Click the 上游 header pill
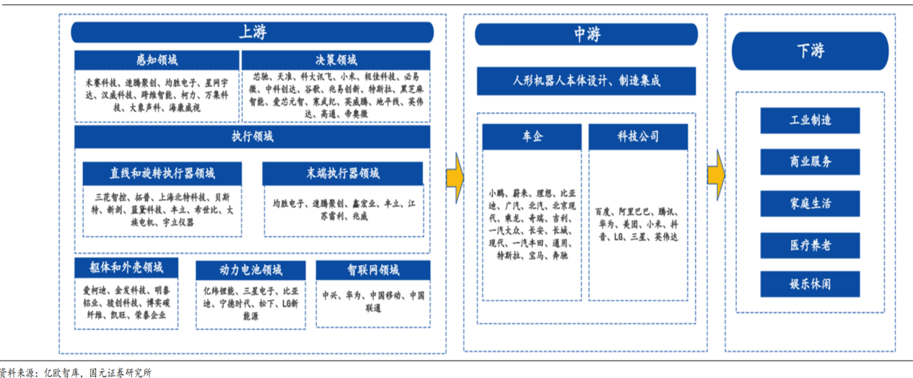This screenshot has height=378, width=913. [x=252, y=32]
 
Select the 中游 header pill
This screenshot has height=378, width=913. [x=586, y=34]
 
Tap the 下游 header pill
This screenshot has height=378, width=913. [x=810, y=51]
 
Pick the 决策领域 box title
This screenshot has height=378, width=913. [x=336, y=60]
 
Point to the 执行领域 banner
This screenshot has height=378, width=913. [x=252, y=136]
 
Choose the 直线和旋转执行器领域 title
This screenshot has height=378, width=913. [x=162, y=173]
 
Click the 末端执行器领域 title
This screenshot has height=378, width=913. [x=342, y=173]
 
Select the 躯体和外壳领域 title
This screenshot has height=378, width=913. [x=126, y=268]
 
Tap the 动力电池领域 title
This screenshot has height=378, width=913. [x=250, y=271]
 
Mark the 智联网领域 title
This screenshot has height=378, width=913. [x=372, y=271]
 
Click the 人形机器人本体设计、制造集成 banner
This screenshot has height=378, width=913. [x=586, y=81]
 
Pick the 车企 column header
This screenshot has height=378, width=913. [x=532, y=137]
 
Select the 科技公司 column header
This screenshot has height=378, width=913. [x=638, y=137]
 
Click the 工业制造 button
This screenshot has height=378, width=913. [x=810, y=120]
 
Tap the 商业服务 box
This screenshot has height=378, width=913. [x=810, y=162]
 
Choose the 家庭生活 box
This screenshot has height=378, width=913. [x=810, y=203]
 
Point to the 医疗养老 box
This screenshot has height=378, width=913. [x=810, y=245]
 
